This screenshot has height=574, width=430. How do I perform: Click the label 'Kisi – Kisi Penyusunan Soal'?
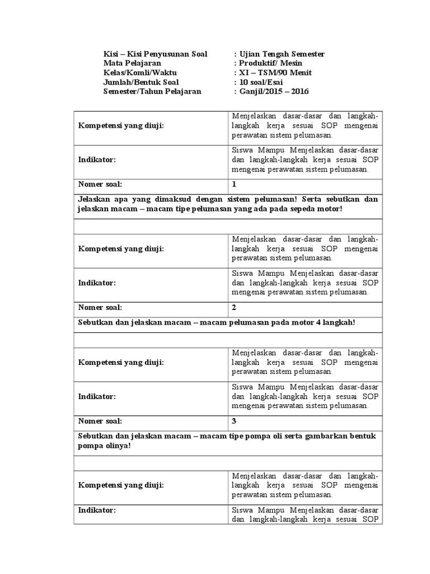click(x=155, y=54)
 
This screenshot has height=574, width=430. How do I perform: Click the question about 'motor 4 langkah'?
click(x=217, y=323)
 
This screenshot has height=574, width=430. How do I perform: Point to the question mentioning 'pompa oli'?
click(x=227, y=441)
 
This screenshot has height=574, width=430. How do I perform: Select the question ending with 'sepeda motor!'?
click(x=227, y=204)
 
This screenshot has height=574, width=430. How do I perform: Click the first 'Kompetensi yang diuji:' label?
click(x=120, y=126)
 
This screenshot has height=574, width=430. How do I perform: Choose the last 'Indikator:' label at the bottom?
click(x=96, y=510)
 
